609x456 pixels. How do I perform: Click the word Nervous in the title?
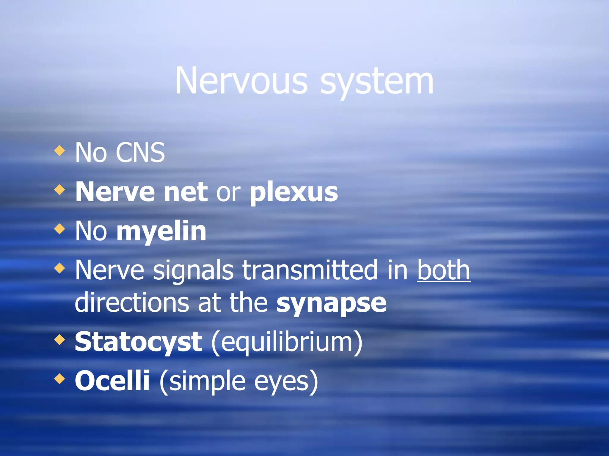[x=241, y=81]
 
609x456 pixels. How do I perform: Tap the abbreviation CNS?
[x=140, y=153]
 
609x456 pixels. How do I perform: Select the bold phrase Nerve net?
[x=142, y=192]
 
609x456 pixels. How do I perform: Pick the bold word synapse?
[x=331, y=304]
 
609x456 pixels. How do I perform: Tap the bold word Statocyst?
[x=139, y=342]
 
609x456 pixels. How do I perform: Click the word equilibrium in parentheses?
[x=287, y=343]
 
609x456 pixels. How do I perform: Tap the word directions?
[x=132, y=303]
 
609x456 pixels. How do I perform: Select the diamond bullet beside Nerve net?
[x=60, y=190]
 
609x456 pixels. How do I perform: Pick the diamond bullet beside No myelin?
[x=60, y=229]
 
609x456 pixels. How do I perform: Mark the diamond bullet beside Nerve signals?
[x=60, y=268]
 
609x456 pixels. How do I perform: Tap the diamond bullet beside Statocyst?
[x=60, y=340]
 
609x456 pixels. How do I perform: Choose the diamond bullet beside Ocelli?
[x=60, y=379]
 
